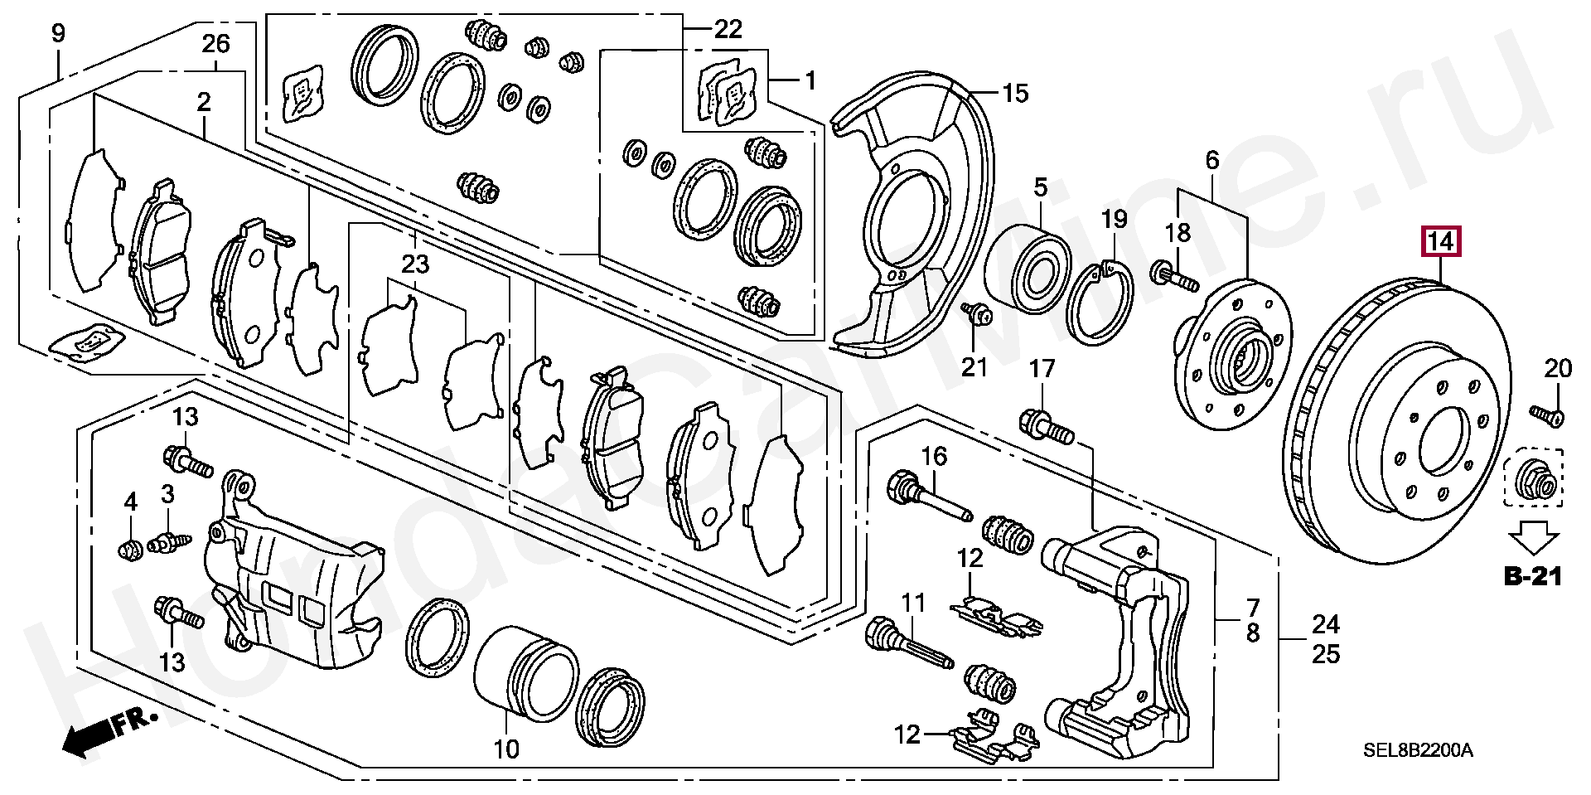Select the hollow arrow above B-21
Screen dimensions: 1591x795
coord(1531,536)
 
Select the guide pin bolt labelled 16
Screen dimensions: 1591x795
coord(930,496)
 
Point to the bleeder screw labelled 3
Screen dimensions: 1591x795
coord(168,542)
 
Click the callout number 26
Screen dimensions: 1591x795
coord(215,43)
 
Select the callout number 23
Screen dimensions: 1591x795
coord(416,265)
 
